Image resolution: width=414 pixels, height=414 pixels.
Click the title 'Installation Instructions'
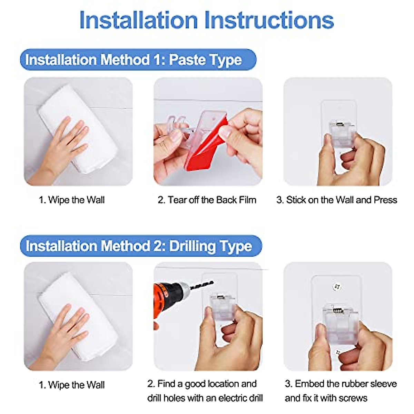tap(206, 20)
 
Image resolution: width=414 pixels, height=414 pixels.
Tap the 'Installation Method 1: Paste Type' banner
tap(138, 60)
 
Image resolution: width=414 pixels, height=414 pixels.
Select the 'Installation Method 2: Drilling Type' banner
tap(141, 246)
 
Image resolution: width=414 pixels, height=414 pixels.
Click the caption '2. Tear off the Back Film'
tap(207, 200)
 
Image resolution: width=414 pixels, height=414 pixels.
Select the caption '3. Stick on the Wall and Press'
tap(336, 200)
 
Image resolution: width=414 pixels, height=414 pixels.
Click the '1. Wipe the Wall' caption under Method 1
tap(71, 200)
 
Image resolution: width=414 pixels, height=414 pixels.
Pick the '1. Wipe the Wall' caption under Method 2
tap(71, 385)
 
